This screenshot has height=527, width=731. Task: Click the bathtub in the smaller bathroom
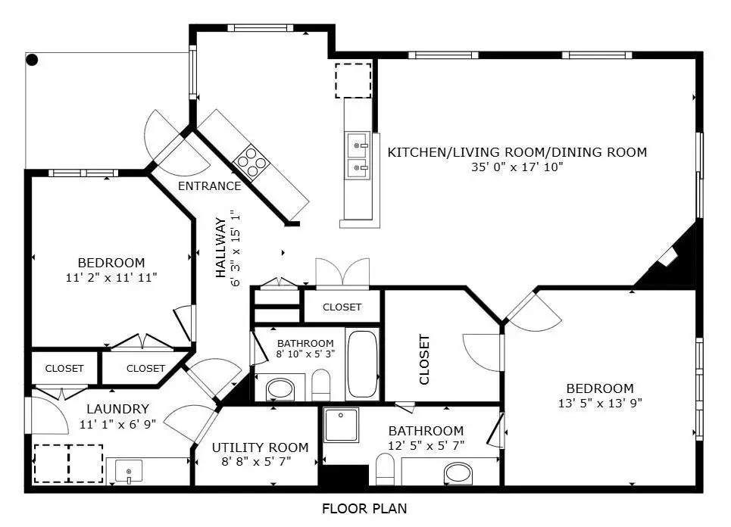tap(362, 364)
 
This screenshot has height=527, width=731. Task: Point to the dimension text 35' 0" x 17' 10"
tap(517, 167)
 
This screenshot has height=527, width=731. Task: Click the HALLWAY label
tap(221, 247)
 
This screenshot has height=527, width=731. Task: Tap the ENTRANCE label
tap(209, 186)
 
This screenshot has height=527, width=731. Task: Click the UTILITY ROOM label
tap(260, 447)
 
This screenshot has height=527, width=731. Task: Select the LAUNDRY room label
tap(117, 409)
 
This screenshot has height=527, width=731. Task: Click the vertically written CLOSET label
tap(424, 359)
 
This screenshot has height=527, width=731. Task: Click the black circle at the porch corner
tap(32, 60)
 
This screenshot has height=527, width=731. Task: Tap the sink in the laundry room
tap(130, 471)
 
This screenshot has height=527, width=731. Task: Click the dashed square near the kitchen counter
tap(353, 81)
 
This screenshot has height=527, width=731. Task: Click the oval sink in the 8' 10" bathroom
tap(281, 390)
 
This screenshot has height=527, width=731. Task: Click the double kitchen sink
tap(358, 153)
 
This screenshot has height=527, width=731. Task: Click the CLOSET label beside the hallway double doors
tap(342, 307)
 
